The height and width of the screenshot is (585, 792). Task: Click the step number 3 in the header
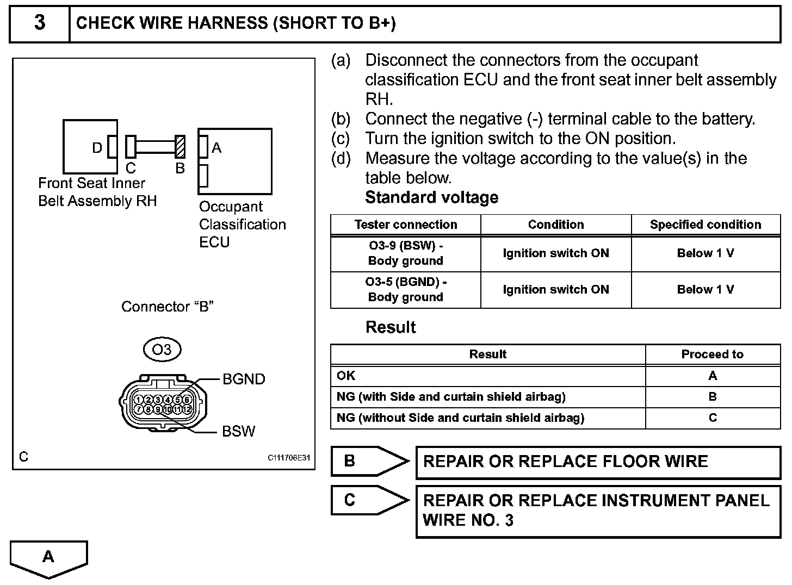tap(40, 23)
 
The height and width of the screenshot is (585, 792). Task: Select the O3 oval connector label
tap(162, 349)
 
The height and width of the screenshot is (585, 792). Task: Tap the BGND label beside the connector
tap(244, 379)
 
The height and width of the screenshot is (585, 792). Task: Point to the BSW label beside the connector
tap(238, 431)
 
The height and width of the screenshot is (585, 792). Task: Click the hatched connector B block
tap(180, 147)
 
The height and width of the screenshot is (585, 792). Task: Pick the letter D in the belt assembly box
tap(97, 148)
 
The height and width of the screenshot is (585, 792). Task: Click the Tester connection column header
tap(406, 225)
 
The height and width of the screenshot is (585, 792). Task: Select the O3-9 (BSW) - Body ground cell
tap(406, 253)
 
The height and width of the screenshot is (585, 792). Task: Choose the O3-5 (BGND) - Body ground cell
tap(406, 290)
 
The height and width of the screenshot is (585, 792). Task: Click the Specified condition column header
tap(706, 225)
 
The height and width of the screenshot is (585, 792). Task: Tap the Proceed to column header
tap(713, 354)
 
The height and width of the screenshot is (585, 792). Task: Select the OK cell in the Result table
tap(488, 376)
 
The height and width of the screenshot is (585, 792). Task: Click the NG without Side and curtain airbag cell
tap(488, 418)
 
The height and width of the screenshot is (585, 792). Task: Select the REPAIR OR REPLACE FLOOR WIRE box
tap(598, 462)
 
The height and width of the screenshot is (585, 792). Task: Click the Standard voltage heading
tap(431, 197)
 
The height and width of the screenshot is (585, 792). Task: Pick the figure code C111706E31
tap(288, 458)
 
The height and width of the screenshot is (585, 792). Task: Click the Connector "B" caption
tap(167, 307)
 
